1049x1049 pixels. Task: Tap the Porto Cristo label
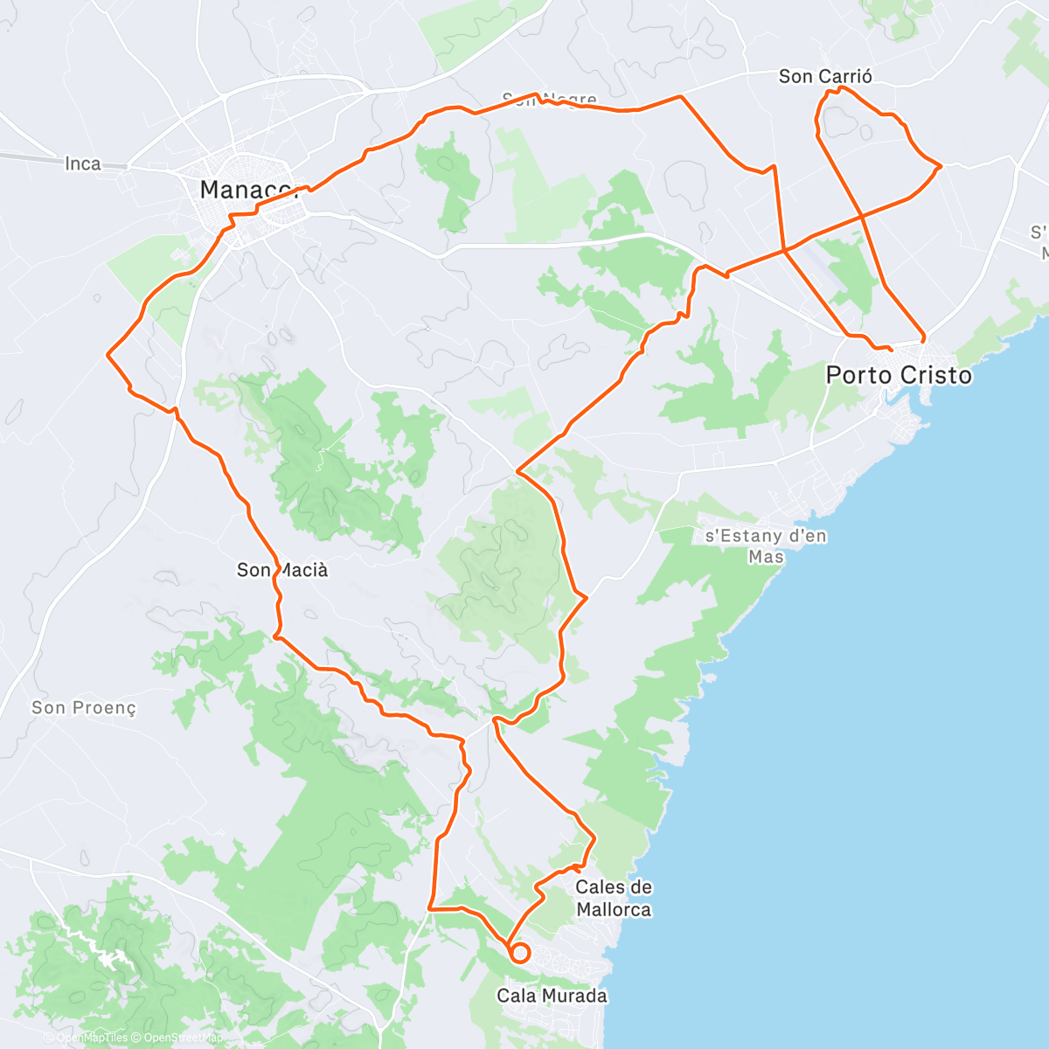coord(899,375)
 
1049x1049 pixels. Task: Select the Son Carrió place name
coord(825,77)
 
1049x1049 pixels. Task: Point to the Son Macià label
coord(282,570)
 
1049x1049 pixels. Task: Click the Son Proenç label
coord(84,707)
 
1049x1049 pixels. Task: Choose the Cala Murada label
coord(552,995)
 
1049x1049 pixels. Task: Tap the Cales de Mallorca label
coord(614,898)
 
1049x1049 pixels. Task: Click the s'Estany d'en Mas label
coord(766,545)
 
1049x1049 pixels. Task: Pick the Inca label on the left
coord(83,163)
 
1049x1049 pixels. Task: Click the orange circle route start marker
coord(519,953)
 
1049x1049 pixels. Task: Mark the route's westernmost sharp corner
coord(108,354)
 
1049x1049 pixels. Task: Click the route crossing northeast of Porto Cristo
coord(861,214)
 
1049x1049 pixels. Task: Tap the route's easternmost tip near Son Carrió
coord(940,165)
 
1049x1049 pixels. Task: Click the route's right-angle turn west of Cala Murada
coord(430,909)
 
